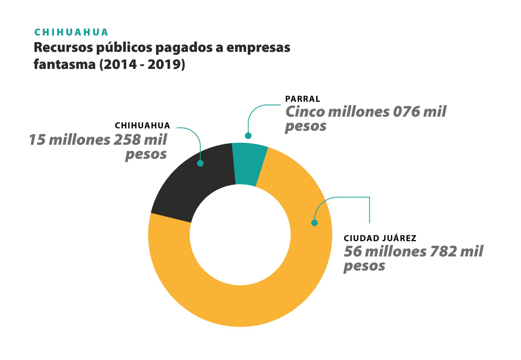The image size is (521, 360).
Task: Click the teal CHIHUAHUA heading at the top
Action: (x=71, y=32)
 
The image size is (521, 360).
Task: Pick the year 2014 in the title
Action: (x=120, y=64)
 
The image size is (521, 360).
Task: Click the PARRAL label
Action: (x=302, y=99)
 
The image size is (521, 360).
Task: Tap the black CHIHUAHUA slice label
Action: (x=142, y=126)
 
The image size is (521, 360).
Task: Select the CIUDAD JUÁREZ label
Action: (x=380, y=238)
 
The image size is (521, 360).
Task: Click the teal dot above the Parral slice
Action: (x=248, y=136)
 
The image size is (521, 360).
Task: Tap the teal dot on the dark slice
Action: (x=200, y=163)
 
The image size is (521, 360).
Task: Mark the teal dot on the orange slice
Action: (x=314, y=223)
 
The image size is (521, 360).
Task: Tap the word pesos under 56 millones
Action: (x=364, y=266)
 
